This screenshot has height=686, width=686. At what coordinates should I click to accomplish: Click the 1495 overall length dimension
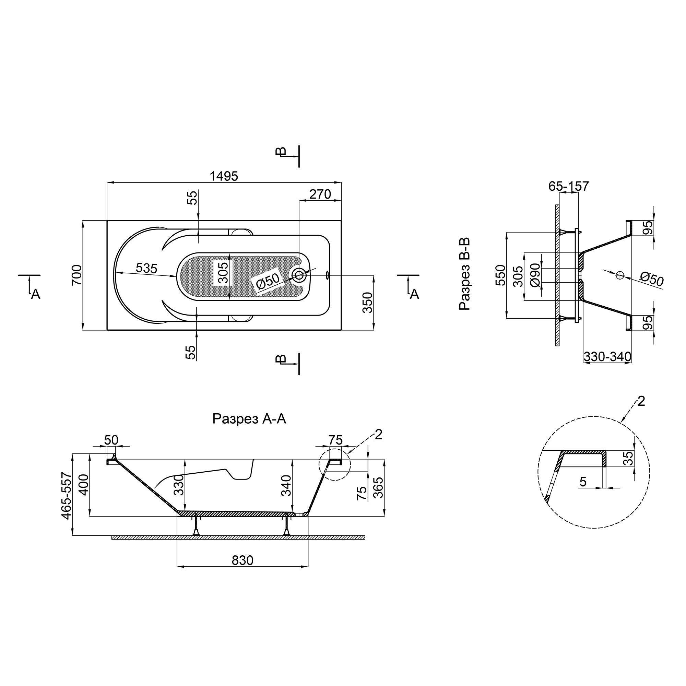224,176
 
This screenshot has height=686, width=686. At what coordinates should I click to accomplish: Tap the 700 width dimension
77,275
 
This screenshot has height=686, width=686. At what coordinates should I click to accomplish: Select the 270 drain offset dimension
320,194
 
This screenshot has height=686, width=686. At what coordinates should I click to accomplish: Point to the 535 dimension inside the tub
146,269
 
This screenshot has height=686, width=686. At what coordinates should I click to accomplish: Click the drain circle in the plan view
299,274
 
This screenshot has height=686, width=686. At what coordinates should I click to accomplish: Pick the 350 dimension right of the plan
368,303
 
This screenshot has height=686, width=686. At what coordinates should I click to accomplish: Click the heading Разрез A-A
249,419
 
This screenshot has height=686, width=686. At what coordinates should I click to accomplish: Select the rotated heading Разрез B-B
465,274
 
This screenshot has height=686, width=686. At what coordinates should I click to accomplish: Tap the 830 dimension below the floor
243,560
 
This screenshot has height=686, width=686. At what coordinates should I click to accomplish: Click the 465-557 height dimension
67,496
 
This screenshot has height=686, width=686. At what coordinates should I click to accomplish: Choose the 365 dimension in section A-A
379,487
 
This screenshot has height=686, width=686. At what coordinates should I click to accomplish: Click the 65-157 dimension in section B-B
568,186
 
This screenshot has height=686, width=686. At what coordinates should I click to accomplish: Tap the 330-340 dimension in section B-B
607,356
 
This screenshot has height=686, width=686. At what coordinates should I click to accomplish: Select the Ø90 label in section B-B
535,275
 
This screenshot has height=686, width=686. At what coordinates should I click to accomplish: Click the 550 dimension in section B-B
500,275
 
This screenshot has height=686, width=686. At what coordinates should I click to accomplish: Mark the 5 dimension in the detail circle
583,482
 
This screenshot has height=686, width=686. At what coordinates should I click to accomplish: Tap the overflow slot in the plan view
327,274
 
